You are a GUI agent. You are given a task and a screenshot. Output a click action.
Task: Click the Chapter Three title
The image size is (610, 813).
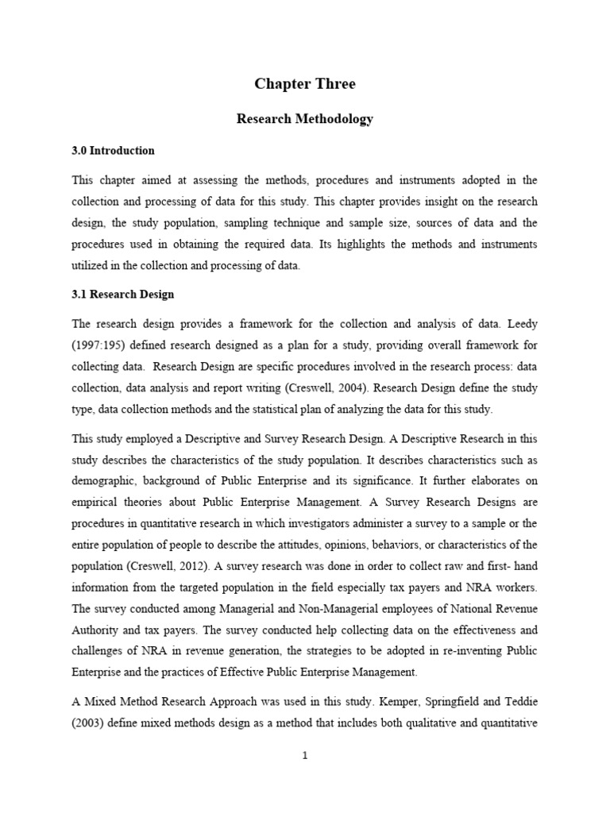305,84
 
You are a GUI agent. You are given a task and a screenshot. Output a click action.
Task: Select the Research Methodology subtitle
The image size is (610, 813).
305,119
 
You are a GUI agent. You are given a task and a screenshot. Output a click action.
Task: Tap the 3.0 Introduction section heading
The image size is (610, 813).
113,150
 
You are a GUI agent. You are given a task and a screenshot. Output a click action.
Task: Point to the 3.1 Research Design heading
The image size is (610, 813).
122,294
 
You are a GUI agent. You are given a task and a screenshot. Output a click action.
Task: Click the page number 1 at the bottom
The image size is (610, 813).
305,756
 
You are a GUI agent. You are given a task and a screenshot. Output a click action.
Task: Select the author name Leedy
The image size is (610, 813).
519,323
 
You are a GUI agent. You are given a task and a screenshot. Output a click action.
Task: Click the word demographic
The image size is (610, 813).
106,481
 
